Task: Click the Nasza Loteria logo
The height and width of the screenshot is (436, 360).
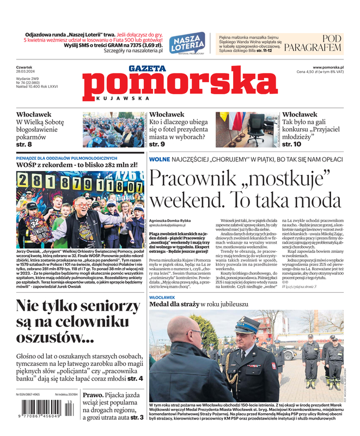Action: click(187, 43)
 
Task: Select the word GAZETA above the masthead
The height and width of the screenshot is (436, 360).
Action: click(147, 69)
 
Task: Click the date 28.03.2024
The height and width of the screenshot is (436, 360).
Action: click(26, 71)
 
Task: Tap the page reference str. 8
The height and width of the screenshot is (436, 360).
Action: click(24, 144)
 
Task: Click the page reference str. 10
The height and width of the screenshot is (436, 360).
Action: click(292, 144)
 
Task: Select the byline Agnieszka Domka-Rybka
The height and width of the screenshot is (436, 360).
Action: click(170, 220)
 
